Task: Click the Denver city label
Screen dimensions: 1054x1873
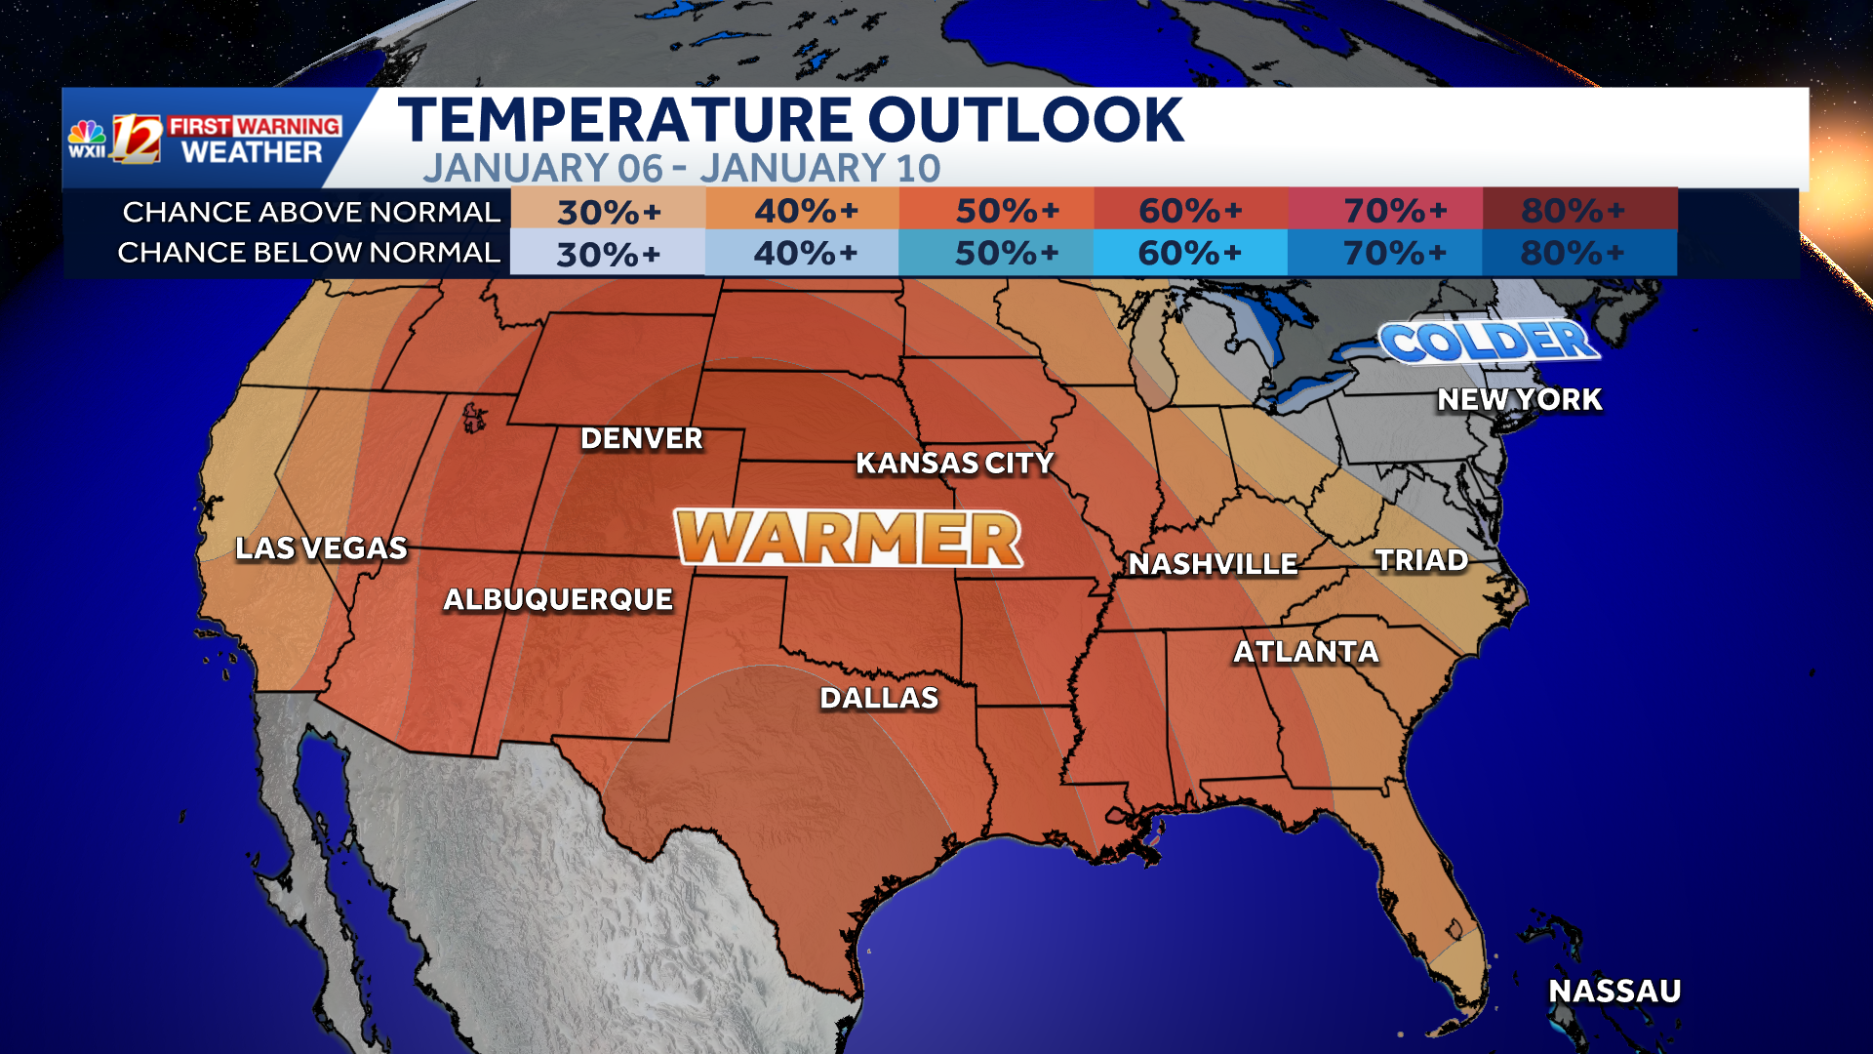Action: [x=641, y=439]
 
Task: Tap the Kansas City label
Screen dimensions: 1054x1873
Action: [x=954, y=463]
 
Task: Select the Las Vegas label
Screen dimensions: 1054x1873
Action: [x=321, y=548]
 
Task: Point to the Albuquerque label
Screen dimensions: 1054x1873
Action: [x=558, y=599]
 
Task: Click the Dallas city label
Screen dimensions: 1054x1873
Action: [x=879, y=698]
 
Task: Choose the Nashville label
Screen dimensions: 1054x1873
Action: [x=1213, y=564]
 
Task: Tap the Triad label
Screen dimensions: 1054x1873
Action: [x=1421, y=560]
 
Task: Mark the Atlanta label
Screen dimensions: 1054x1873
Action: [x=1306, y=652]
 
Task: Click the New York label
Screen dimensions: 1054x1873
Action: [x=1519, y=399]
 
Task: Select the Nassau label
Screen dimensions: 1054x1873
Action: [x=1614, y=992]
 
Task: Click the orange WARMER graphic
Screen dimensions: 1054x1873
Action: [x=849, y=538]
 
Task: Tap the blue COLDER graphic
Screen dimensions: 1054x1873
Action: [x=1489, y=342]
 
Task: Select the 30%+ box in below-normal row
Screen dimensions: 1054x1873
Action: [x=608, y=254]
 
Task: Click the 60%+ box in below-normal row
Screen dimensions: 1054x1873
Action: [x=1190, y=254]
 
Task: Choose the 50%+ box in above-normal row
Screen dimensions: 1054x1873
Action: [x=996, y=210]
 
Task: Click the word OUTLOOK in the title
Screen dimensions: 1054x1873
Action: [x=1025, y=121]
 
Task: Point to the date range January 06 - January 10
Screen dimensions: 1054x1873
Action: [x=681, y=169]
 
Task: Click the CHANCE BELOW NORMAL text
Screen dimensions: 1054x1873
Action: [x=308, y=253]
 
